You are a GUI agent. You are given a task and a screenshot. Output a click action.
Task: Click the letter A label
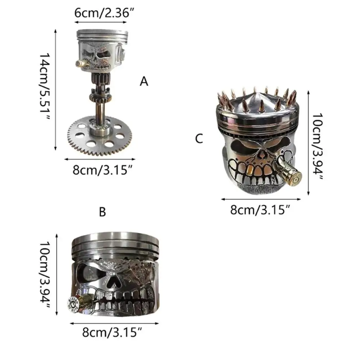point(144,81)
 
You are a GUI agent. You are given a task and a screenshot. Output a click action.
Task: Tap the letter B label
point(102,212)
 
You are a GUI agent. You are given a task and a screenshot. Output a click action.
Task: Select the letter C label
point(199,139)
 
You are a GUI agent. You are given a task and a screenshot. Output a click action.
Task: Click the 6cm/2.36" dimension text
point(104,13)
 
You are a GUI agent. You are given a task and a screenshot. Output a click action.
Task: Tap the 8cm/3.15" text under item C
point(260,210)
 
